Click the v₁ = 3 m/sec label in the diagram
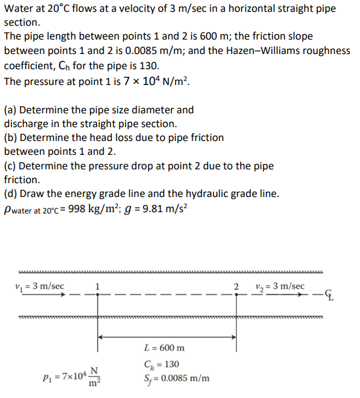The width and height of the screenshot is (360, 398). tap(39, 287)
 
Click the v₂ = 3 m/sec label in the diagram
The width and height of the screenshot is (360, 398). tap(279, 287)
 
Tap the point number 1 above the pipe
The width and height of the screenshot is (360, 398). tap(97, 286)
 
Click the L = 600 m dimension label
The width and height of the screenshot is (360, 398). tap(164, 348)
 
